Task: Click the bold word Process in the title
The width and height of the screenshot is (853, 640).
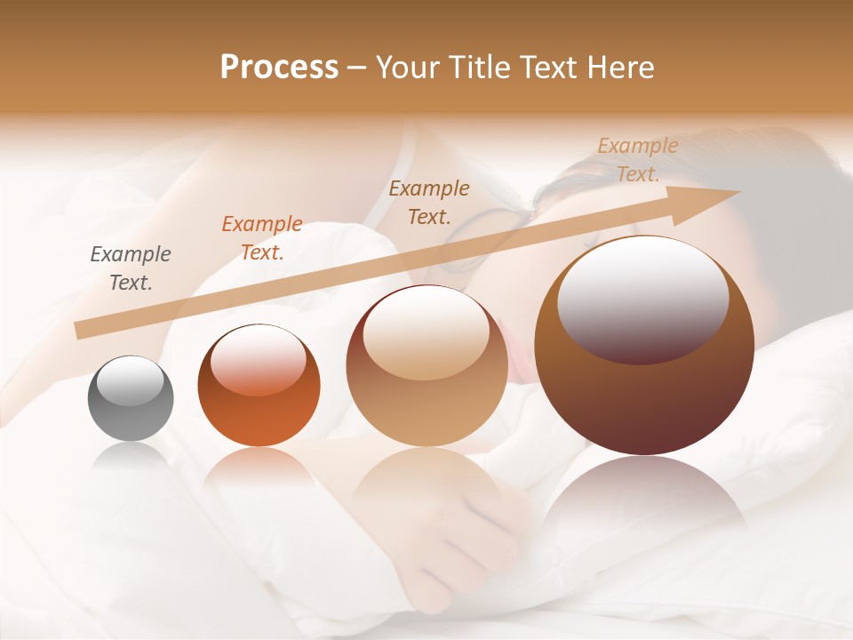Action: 279,68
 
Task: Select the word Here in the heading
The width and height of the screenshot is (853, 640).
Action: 618,68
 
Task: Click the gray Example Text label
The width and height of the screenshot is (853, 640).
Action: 131,268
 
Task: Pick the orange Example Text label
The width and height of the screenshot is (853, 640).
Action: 262,238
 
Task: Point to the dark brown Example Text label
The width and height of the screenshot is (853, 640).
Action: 429,202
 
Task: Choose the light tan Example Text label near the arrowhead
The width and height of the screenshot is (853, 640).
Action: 637,160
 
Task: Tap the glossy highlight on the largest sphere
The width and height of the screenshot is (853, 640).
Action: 642,298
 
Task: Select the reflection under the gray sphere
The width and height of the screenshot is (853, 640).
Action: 131,458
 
